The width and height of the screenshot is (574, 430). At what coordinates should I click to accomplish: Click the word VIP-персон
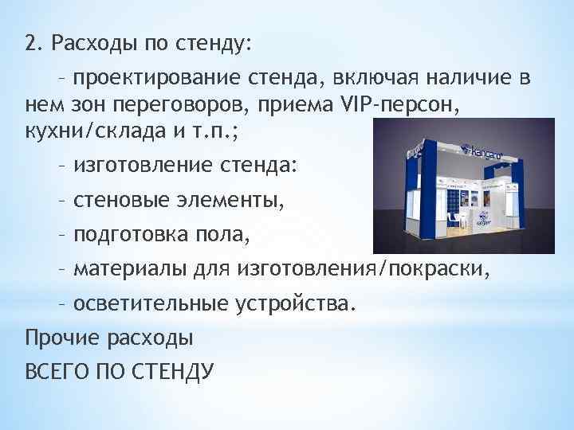point(406,104)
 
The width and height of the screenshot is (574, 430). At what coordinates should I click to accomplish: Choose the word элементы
point(230,201)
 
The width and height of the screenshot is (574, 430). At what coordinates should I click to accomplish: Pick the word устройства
point(296,303)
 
